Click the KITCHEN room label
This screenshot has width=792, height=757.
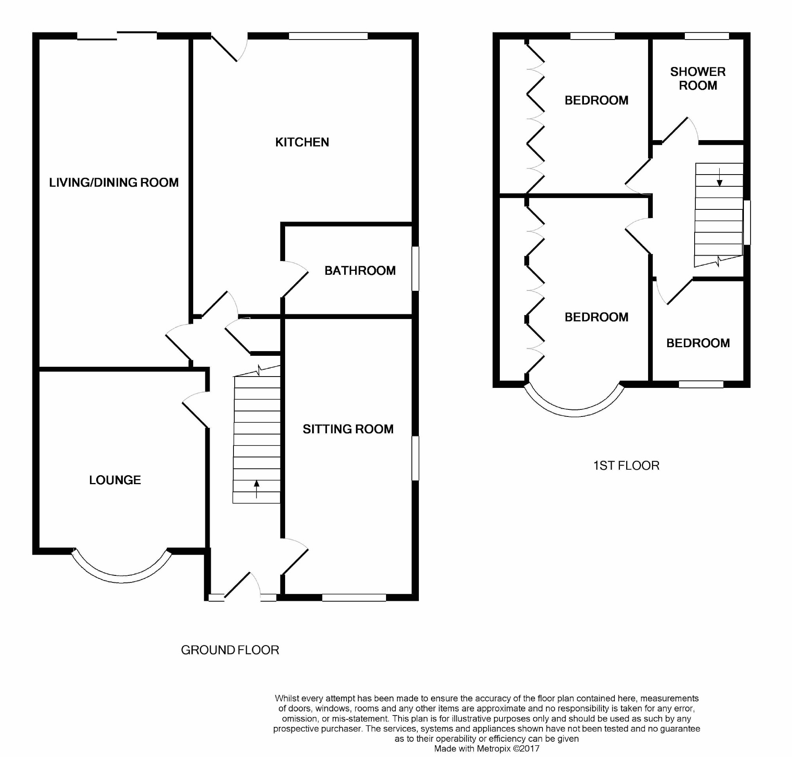(x=302, y=142)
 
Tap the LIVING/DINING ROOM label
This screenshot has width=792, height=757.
(x=114, y=182)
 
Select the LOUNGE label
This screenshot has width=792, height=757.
(x=115, y=480)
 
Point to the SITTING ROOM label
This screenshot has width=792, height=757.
(x=348, y=429)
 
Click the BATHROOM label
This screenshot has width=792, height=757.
(x=360, y=270)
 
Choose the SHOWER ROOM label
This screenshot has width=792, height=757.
(x=698, y=78)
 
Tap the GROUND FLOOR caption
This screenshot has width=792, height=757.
(x=230, y=650)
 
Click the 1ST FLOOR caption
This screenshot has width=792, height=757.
(x=626, y=465)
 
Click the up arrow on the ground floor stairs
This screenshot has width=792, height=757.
(x=257, y=488)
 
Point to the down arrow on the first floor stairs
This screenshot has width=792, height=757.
(x=719, y=177)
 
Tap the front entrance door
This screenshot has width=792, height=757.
(x=242, y=585)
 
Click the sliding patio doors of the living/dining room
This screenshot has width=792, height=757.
(x=117, y=36)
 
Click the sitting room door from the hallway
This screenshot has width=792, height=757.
(x=295, y=556)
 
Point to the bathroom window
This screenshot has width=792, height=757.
(x=415, y=269)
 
